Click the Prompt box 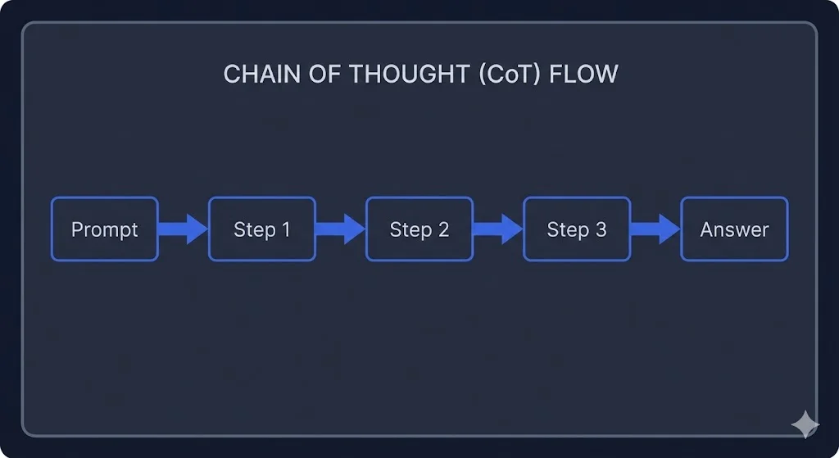coord(104,229)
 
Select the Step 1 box coord(262,229)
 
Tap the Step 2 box coord(419,229)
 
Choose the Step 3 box coord(577,229)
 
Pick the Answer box coord(734,229)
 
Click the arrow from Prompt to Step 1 coord(183,229)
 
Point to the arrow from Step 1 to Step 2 coord(340,229)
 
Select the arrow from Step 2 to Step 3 coord(497,229)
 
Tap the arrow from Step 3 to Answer coord(655,229)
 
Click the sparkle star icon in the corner coord(805,424)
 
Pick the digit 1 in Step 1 coord(285,230)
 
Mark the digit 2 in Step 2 coord(443,230)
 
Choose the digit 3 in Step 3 coord(601,230)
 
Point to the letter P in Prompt coord(77,230)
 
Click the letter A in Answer coord(706,230)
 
